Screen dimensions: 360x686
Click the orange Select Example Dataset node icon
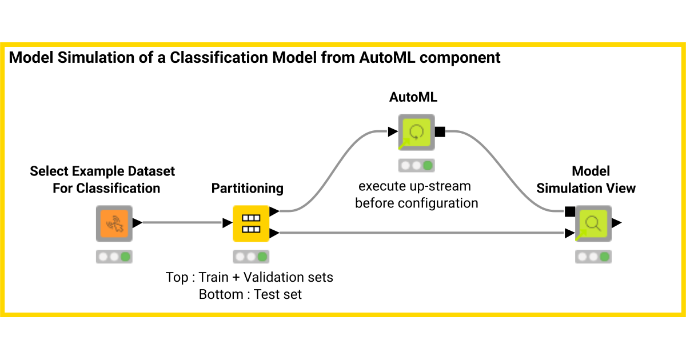(114, 223)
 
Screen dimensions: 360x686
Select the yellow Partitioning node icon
(251, 223)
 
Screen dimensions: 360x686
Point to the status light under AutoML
(416, 166)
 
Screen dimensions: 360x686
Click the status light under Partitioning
(251, 257)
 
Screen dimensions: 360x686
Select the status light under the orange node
(114, 257)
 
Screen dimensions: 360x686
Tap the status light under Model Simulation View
(593, 257)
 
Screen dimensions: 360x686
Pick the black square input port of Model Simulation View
(569, 211)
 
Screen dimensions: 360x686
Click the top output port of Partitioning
(274, 211)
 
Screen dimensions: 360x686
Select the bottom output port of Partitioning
(274, 233)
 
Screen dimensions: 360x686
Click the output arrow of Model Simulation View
(617, 223)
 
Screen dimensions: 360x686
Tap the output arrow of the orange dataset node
(137, 223)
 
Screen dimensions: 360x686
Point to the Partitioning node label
(248, 188)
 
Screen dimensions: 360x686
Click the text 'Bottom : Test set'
(250, 295)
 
